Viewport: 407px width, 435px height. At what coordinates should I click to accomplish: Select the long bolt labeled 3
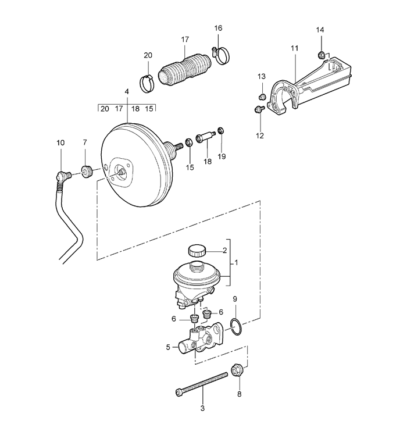coord(202,384)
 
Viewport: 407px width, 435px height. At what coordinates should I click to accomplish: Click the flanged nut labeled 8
coord(237,370)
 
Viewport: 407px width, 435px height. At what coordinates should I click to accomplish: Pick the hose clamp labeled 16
coord(222,55)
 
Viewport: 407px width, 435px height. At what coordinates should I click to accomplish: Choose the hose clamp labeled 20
coord(147,83)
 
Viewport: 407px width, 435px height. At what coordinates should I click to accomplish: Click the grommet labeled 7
coord(87,172)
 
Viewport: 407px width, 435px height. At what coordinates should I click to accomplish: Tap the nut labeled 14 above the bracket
coord(321,55)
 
